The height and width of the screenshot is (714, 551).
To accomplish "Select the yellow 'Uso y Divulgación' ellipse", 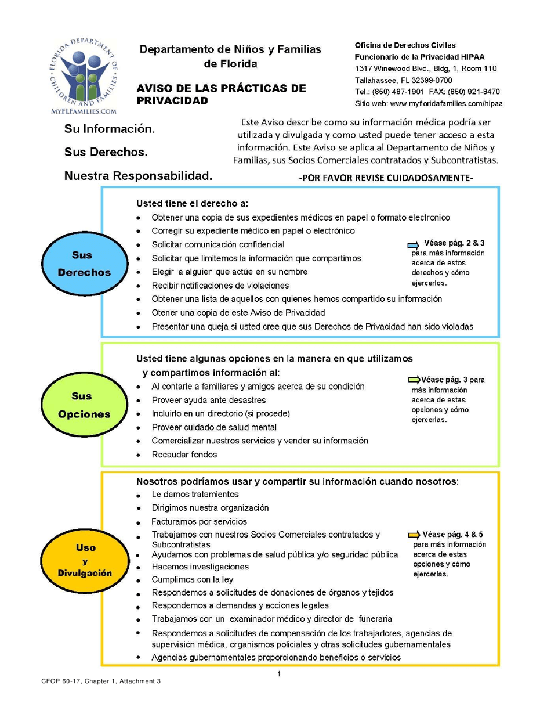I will pyautogui.click(x=85, y=560).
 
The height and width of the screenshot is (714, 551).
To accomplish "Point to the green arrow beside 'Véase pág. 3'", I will pyautogui.click(x=415, y=380).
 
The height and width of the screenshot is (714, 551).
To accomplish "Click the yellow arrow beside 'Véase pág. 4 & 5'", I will pyautogui.click(x=414, y=535).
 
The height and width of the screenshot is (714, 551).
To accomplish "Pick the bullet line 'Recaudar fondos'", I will pyautogui.click(x=184, y=455).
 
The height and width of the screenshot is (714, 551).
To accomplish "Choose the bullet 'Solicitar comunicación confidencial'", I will pyautogui.click(x=217, y=244).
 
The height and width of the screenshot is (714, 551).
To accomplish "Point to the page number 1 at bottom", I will pyautogui.click(x=279, y=674).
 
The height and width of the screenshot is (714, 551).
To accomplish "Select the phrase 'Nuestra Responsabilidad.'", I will pyautogui.click(x=137, y=175).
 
